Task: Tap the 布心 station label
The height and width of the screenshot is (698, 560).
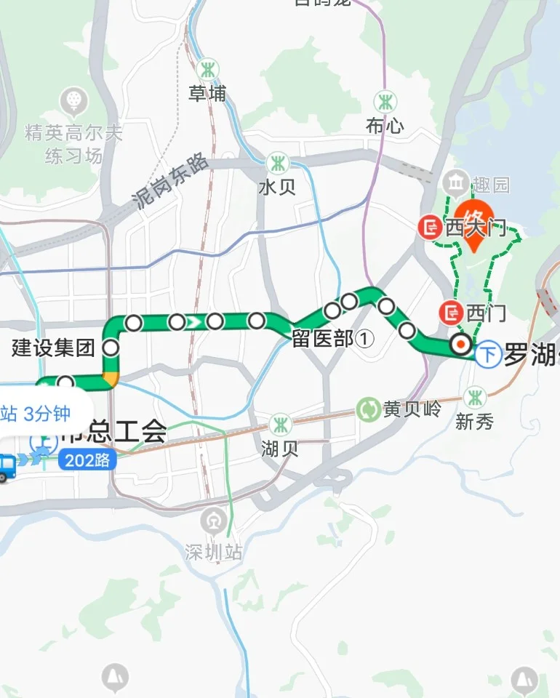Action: tap(385, 125)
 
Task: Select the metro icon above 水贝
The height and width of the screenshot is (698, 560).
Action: tap(277, 162)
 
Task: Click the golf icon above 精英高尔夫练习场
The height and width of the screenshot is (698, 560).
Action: tap(73, 99)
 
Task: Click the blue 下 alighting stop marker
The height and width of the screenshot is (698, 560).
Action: tap(489, 356)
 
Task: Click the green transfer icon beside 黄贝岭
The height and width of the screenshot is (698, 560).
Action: tap(369, 409)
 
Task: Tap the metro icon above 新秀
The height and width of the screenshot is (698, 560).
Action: tap(475, 398)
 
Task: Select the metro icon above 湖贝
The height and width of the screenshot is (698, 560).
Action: tap(279, 424)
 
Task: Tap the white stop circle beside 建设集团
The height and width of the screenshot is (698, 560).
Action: tap(111, 348)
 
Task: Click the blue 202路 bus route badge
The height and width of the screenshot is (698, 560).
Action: tap(87, 460)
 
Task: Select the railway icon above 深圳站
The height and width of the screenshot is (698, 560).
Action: tap(212, 521)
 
